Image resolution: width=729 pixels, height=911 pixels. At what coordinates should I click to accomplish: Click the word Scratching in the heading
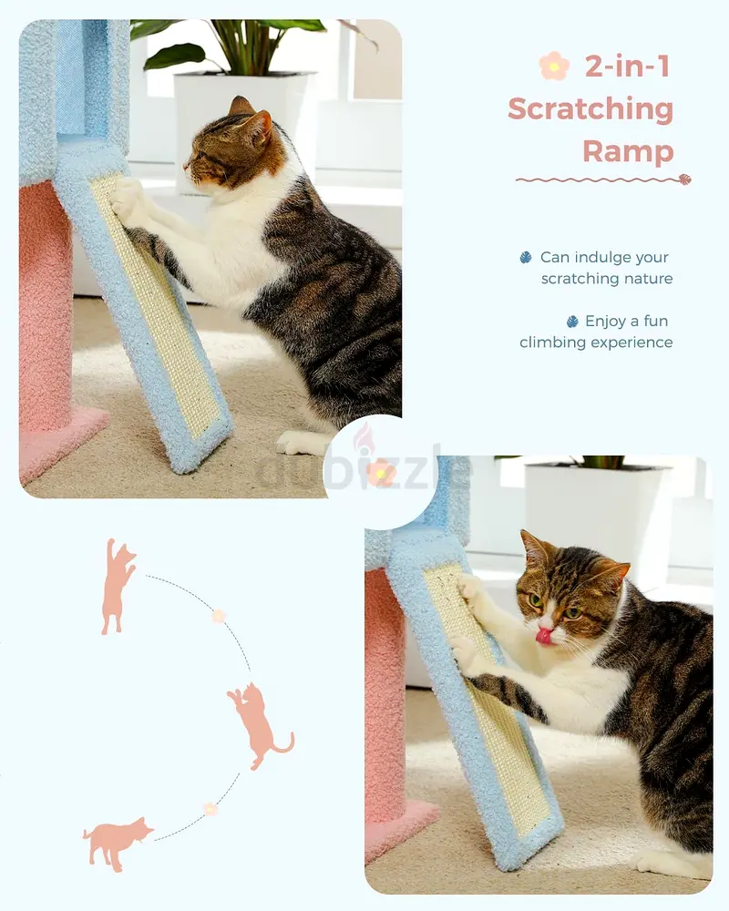coord(590,109)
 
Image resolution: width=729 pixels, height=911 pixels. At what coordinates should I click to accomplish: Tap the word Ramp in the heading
coord(628,151)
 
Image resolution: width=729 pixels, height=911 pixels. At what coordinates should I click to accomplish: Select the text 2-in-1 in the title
coord(627,67)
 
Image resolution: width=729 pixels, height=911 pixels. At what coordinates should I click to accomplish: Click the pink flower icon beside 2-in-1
coord(554,66)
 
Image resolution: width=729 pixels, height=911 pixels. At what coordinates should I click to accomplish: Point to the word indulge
coord(604,257)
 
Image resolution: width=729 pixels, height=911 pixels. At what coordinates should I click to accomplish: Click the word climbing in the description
coord(552,343)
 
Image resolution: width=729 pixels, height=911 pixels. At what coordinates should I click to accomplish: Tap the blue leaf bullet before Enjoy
coord(572,322)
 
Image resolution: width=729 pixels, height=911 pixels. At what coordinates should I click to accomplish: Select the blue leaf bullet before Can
coord(526,258)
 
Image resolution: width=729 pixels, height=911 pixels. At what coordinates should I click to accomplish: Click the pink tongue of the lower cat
coord(544,635)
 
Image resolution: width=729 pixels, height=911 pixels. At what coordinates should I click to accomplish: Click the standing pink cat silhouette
coord(118,586)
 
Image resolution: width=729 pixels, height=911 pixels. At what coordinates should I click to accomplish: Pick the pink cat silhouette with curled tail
coord(259,725)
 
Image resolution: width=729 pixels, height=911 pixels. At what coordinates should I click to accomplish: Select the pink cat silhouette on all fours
coord(118,842)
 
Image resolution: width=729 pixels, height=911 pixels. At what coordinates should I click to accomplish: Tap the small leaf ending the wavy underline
coord(685,179)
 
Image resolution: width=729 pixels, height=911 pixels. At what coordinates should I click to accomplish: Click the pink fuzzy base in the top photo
coord(61,445)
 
